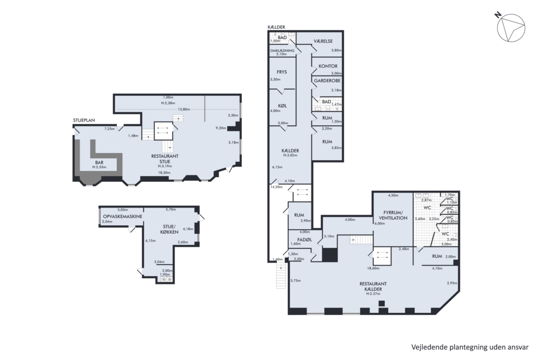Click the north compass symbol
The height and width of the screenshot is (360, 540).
511,28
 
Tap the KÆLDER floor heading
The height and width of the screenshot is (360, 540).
276,27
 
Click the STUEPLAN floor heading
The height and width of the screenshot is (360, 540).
84,121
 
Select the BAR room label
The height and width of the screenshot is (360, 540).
99,162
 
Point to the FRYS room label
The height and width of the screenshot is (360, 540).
282,72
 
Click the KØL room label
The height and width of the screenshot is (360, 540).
282,106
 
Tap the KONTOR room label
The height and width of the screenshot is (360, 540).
328,66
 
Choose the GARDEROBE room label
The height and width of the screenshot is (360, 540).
327,81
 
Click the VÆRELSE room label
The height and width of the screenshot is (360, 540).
323,41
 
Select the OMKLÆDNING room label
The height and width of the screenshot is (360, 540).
282,51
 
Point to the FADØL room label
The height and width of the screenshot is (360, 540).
305,239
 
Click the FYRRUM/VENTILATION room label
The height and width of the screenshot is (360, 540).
393,215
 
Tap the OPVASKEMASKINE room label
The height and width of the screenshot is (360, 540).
123,216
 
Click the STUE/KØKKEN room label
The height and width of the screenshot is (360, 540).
169,229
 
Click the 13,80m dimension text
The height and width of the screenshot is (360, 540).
183,110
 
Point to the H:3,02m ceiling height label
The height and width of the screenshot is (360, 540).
290,155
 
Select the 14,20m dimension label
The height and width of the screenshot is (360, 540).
276,187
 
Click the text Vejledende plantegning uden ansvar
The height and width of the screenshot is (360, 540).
470,347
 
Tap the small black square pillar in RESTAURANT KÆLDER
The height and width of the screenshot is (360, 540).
381,303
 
